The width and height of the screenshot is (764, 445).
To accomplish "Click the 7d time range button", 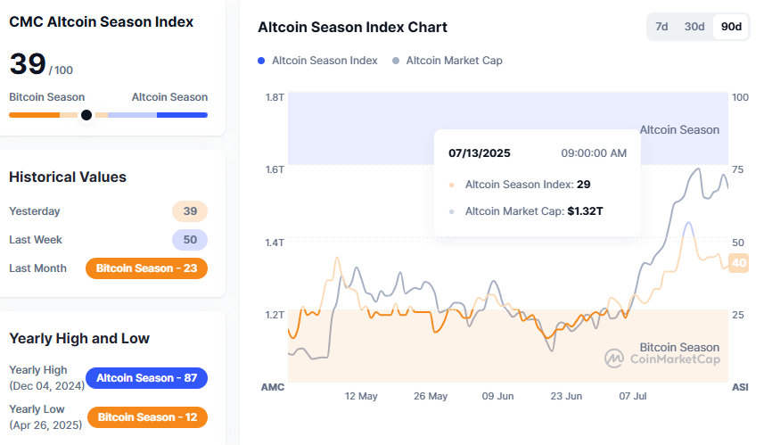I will click(x=661, y=27).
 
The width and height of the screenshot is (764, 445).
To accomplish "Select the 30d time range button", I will click(x=694, y=27).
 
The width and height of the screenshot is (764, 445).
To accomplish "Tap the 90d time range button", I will click(x=731, y=27).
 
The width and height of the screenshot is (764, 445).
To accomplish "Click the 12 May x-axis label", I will click(x=361, y=396).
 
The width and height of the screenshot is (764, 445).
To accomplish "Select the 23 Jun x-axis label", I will click(x=566, y=396).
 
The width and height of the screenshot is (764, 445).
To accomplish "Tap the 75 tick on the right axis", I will click(x=738, y=169).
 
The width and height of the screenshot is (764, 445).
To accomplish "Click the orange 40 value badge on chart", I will click(x=739, y=263).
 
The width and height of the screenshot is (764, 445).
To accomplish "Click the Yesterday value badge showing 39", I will click(x=190, y=211).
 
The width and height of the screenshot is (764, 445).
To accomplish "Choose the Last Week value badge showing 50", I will click(x=190, y=240).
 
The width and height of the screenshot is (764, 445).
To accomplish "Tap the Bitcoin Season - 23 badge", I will click(x=146, y=268).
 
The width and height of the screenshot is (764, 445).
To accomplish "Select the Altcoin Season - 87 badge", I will click(x=146, y=378).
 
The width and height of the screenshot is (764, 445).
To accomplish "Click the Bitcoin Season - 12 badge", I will click(x=146, y=417).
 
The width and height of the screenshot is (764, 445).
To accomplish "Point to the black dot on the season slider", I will click(x=86, y=115).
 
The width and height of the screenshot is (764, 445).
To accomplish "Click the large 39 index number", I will click(x=27, y=64).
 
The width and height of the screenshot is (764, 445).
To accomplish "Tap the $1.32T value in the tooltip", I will click(x=586, y=211).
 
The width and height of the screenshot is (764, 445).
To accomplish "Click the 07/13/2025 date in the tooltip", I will click(x=480, y=153).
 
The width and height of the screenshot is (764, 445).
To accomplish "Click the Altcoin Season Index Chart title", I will click(x=352, y=28).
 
